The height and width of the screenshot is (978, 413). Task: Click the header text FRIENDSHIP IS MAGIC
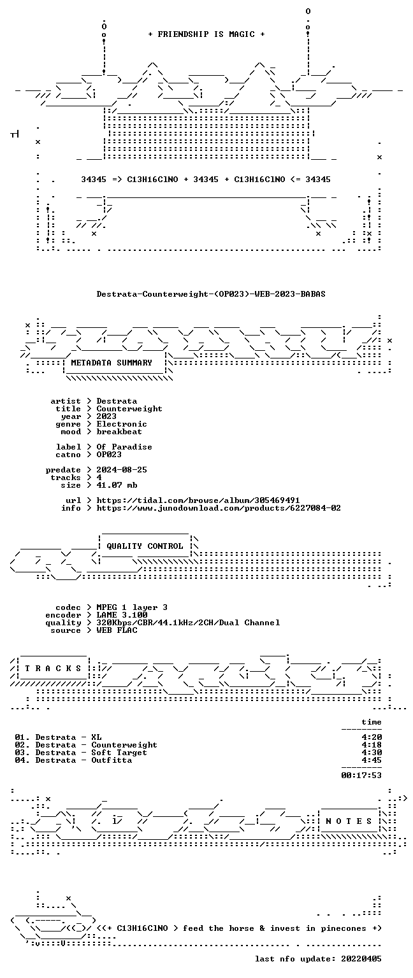pos(207,34)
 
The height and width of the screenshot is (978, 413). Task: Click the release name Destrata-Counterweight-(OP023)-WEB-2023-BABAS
pos(211,294)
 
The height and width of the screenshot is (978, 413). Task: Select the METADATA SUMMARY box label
pos(112,363)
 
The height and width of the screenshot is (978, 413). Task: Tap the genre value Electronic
pos(122,425)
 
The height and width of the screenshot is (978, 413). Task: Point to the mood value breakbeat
pos(119,432)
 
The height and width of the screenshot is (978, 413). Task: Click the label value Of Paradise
pos(124,447)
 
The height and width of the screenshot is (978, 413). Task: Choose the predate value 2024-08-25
pos(122,471)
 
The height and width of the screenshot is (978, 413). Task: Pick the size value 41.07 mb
pos(117,486)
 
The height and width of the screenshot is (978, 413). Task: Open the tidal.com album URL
pos(198,501)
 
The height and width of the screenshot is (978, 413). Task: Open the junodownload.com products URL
pos(219,508)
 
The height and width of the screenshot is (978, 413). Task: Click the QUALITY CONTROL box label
pos(145,546)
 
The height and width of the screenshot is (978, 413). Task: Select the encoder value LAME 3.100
pos(122,615)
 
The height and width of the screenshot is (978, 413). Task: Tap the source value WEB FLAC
pos(117,630)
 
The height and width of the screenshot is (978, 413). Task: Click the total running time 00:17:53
pos(361,776)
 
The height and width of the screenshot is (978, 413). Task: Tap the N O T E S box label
pos(349,821)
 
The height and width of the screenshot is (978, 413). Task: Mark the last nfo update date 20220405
pos(361,960)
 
